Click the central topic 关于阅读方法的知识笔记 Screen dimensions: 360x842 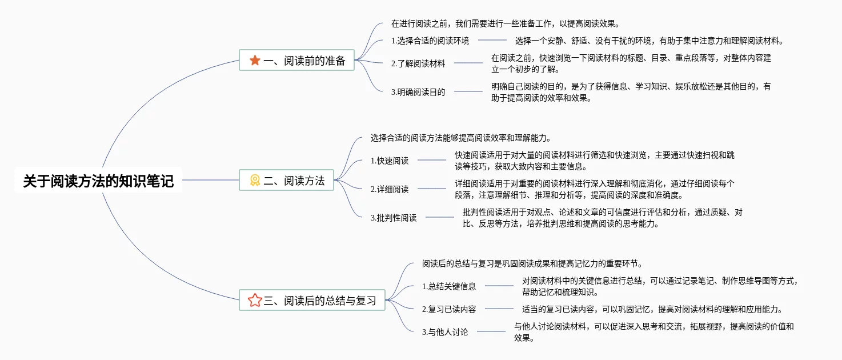[98, 181]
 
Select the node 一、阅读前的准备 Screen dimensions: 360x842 [296, 61]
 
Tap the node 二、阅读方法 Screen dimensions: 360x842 [286, 181]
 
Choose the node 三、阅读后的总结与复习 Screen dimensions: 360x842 [312, 301]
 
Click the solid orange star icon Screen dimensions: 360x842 [255, 61]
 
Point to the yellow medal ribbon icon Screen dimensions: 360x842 [255, 181]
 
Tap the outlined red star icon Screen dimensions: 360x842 [255, 301]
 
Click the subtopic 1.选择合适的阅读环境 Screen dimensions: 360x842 [430, 41]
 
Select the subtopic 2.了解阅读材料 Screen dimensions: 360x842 [418, 63]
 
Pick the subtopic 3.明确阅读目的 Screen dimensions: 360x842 [418, 91]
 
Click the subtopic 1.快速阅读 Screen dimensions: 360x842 [390, 161]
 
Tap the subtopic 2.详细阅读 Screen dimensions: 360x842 [390, 189]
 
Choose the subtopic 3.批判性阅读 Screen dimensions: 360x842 [394, 217]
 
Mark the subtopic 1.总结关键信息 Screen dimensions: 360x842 [449, 286]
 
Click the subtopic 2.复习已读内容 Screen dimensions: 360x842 [449, 309]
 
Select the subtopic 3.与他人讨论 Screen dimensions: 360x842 [445, 331]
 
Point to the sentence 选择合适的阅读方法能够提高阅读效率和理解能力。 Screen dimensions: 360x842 [460, 138]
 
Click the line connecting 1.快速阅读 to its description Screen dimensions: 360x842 [432, 161]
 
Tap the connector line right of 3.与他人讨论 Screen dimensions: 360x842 [491, 331]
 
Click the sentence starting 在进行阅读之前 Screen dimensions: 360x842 [506, 24]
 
